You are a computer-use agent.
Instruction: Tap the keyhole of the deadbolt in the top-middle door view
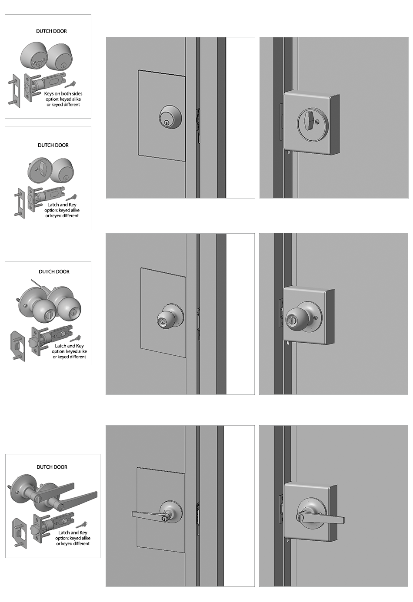(167, 123)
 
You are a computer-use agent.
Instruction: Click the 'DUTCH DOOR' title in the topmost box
(51, 31)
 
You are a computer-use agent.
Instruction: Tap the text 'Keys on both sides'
(63, 93)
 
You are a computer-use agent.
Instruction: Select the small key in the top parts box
(70, 84)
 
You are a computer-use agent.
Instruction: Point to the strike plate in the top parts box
(14, 91)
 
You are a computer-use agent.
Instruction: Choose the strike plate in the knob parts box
(17, 344)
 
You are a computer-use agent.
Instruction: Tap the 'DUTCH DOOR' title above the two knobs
(54, 271)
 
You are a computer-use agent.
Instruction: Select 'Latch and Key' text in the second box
(62, 205)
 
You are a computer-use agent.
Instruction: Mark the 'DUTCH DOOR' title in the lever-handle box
(52, 467)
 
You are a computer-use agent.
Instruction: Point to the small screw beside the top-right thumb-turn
(319, 122)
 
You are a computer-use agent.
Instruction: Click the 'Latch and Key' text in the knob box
(69, 346)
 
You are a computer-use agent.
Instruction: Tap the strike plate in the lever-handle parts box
(20, 533)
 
